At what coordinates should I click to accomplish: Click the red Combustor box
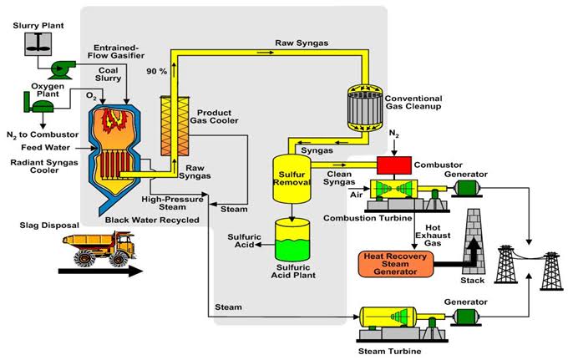[397, 165]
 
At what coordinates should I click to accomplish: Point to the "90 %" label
[155, 70]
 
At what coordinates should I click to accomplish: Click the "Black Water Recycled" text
[152, 220]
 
